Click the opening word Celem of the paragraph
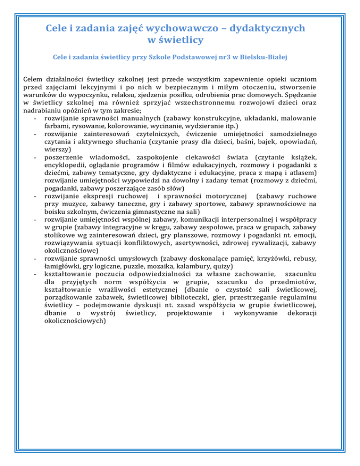pyautogui.click(x=33, y=81)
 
